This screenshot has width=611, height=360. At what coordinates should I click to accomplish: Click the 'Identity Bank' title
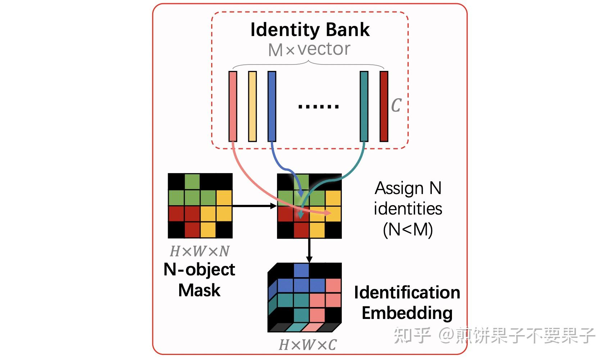point(310,30)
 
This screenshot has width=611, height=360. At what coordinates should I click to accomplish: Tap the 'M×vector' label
point(309,49)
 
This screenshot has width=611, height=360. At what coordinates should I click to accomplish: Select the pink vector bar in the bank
point(233,106)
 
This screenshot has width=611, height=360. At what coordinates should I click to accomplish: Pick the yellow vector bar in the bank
point(252,106)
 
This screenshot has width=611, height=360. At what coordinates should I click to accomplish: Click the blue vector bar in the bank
point(272,106)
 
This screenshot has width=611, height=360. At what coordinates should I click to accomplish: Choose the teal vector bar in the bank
point(364,106)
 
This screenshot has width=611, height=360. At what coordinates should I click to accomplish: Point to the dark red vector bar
point(384,106)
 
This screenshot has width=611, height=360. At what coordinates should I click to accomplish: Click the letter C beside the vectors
point(396,105)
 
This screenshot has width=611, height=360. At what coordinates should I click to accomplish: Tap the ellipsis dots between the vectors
point(318,107)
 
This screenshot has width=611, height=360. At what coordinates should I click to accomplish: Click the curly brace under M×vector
point(308,64)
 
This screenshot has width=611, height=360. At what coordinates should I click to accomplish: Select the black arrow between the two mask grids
point(254,206)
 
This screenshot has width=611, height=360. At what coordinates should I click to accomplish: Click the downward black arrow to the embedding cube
point(309,250)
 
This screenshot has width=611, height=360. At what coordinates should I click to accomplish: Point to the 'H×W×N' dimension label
point(199,251)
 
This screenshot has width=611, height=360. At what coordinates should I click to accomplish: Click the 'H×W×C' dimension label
point(308,345)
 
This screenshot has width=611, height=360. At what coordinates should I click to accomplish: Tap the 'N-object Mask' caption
point(199,280)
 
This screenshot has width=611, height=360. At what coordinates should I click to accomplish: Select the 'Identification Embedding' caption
point(407,302)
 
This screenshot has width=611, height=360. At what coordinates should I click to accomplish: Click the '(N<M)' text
point(408,229)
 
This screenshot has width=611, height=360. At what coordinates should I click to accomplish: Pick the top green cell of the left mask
point(192,181)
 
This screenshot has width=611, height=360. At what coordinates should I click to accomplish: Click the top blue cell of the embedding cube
point(301,270)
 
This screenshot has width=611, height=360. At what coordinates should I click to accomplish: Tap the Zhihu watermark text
point(494,335)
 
